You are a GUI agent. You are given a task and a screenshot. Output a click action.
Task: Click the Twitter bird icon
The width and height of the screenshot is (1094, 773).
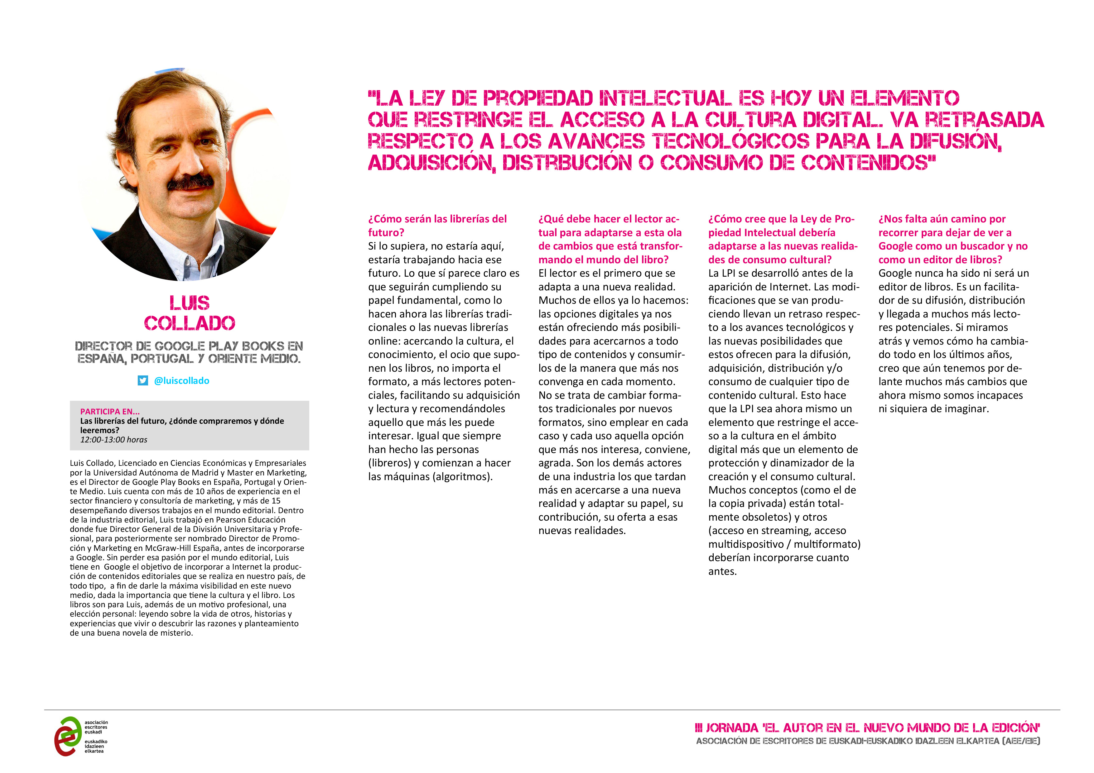[x=142, y=380]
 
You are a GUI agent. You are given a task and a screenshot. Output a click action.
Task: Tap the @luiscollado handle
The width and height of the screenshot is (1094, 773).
[x=181, y=380]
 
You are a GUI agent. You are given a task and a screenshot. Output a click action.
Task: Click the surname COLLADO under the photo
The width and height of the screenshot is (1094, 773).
[x=189, y=323]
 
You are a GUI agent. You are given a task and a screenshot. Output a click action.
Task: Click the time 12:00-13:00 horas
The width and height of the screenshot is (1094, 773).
[x=113, y=440]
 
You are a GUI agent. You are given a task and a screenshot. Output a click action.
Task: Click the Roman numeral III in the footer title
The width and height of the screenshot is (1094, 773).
[x=699, y=728]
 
